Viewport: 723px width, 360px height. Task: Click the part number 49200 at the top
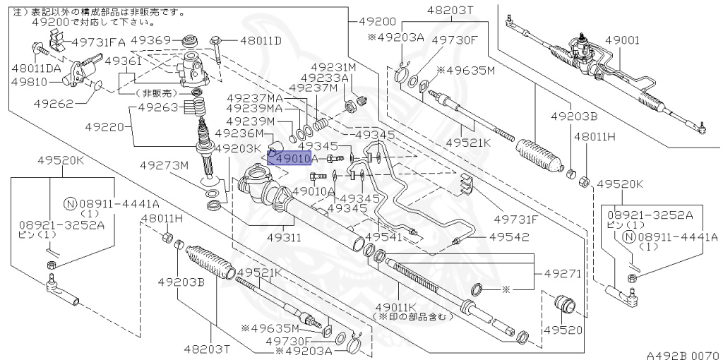(376, 22)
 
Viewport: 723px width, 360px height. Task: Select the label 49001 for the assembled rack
(621, 41)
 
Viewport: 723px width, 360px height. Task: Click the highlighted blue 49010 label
(289, 159)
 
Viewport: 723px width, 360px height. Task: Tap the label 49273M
(164, 165)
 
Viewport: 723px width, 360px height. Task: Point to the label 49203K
(238, 148)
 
